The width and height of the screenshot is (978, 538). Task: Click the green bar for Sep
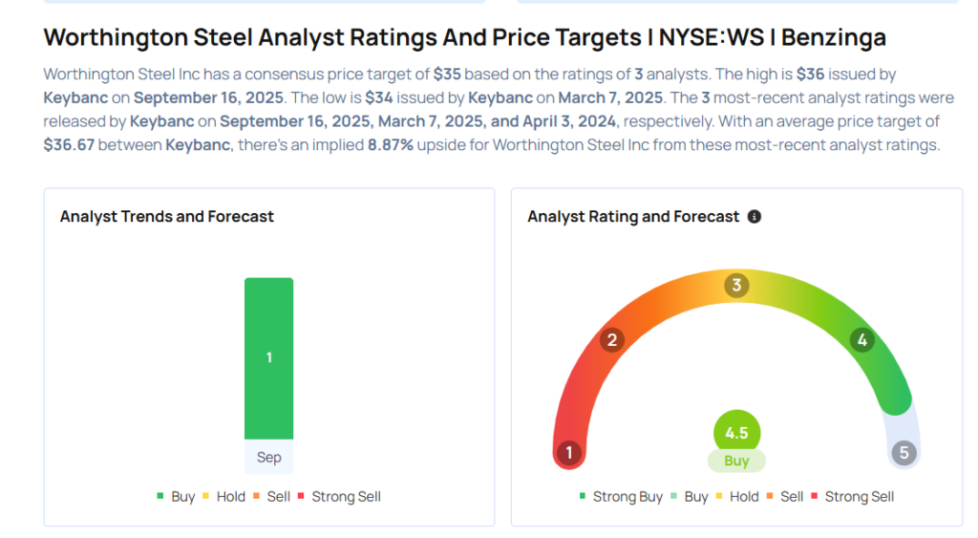[x=268, y=358]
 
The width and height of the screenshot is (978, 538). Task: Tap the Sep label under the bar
[x=268, y=458]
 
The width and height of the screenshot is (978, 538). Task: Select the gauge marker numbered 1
[x=569, y=452]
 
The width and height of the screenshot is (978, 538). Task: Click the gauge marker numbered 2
[x=612, y=340]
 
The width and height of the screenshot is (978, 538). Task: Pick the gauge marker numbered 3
[x=736, y=286]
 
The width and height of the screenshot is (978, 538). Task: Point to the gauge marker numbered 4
[x=862, y=340]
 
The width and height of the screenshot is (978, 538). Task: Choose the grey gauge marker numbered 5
[x=904, y=452]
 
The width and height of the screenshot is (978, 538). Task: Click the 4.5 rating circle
[x=736, y=433]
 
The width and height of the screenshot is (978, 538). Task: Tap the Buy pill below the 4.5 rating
[x=736, y=461]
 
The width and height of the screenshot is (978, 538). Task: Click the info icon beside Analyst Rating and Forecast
[x=755, y=217]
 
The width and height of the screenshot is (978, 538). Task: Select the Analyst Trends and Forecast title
[x=167, y=217]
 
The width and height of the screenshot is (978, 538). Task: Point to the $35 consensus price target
[x=447, y=74]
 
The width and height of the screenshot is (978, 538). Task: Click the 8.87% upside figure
[x=391, y=145]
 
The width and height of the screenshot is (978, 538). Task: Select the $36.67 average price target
[x=69, y=145]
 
